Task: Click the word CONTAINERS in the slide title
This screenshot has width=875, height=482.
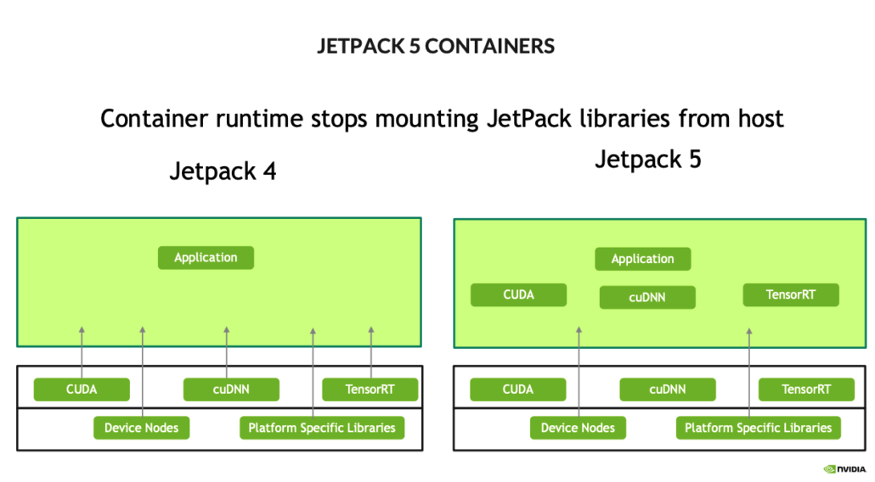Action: pos(489,47)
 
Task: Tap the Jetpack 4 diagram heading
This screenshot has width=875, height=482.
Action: pos(223,171)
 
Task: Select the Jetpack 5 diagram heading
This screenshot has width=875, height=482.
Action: pos(648,159)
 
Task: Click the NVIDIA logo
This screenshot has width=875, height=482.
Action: pos(844,468)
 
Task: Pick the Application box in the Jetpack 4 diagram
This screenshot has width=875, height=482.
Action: pos(206,258)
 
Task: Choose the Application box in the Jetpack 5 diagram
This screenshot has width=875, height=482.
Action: pos(642,259)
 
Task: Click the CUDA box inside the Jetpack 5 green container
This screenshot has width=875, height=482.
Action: pos(518,295)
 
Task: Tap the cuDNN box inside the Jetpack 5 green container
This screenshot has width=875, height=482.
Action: pos(647,297)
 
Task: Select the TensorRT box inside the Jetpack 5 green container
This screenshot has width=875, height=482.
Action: pos(790,295)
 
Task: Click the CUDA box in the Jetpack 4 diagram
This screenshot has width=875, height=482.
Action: pos(82,390)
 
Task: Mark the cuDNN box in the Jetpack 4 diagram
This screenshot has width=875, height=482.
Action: pos(231,390)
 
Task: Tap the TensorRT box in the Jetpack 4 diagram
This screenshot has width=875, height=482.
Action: pos(370,390)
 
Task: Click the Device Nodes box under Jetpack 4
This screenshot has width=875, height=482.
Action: pos(141,428)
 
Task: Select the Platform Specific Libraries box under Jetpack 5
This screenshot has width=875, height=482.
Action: pos(758,428)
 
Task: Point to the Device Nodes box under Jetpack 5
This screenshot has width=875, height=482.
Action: pos(578,428)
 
